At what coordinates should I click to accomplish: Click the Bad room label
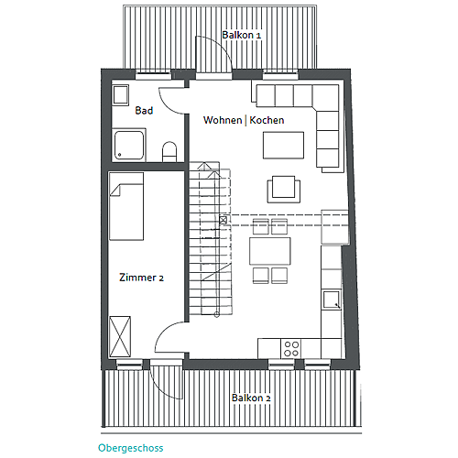[144, 110]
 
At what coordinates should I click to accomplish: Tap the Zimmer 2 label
[141, 278]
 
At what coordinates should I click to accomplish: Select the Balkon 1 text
[242, 35]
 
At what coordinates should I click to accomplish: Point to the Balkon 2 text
[251, 398]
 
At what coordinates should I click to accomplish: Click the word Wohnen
[223, 120]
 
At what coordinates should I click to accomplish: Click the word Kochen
[267, 120]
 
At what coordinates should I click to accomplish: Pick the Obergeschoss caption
[131, 448]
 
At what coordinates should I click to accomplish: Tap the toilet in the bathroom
[169, 151]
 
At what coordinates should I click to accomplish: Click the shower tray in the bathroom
[129, 146]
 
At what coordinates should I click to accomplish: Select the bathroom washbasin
[121, 95]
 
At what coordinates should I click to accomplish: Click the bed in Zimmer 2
[126, 206]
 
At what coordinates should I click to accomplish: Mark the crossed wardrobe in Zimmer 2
[120, 336]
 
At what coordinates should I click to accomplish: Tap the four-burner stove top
[291, 349]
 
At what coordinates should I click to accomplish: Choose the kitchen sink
[332, 300]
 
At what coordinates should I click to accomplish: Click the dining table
[270, 251]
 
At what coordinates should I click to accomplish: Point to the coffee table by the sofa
[283, 146]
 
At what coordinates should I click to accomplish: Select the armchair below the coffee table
[284, 189]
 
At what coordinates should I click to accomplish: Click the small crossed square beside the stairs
[224, 220]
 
